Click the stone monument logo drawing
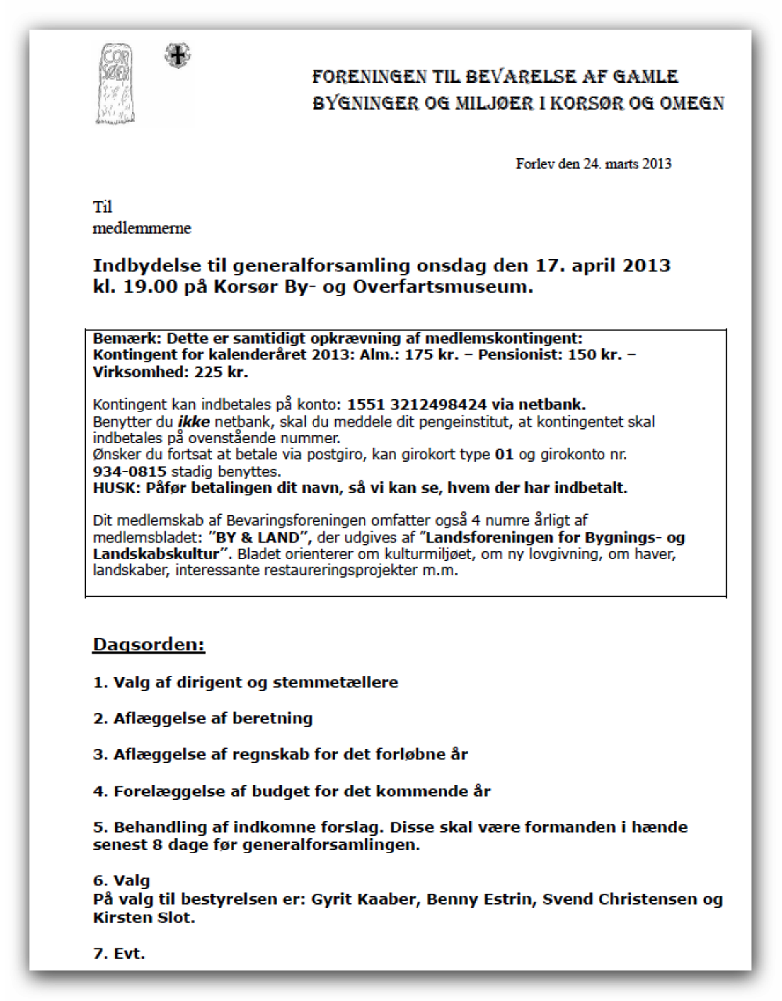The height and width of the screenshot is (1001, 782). click(x=117, y=85)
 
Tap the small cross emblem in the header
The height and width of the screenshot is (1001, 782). click(x=178, y=56)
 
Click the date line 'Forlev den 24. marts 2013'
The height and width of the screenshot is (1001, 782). click(x=593, y=164)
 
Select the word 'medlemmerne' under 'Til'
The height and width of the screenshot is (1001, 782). click(x=142, y=229)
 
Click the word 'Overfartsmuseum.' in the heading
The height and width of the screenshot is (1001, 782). click(x=443, y=286)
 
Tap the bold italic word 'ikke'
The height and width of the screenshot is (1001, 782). click(x=193, y=422)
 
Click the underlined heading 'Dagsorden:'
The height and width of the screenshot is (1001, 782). click(x=149, y=645)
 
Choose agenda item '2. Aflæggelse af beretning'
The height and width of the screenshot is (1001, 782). click(x=203, y=718)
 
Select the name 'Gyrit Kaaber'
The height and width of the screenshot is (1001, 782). click(x=365, y=899)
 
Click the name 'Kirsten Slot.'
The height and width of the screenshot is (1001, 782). click(x=144, y=917)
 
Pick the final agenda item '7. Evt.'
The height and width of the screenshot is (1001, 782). click(x=119, y=953)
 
